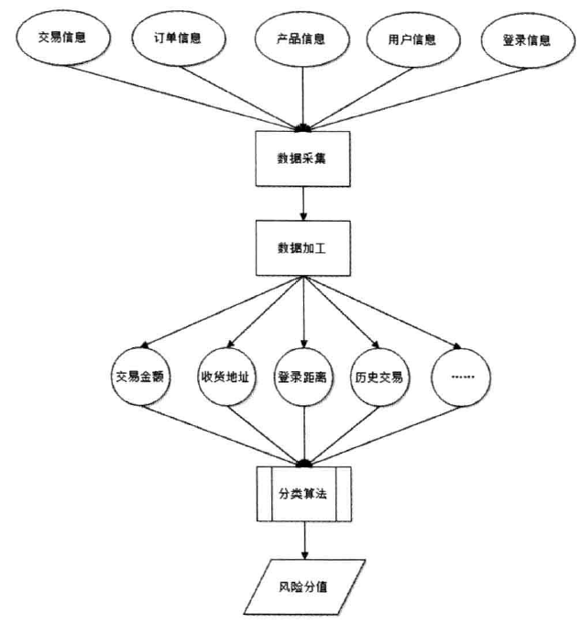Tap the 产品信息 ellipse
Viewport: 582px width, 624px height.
(x=302, y=39)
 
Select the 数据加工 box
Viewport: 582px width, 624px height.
(x=302, y=248)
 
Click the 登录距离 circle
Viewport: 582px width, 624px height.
(x=302, y=376)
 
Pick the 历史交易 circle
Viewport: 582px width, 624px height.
(x=380, y=376)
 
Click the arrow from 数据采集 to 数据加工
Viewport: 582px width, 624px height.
(x=302, y=203)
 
